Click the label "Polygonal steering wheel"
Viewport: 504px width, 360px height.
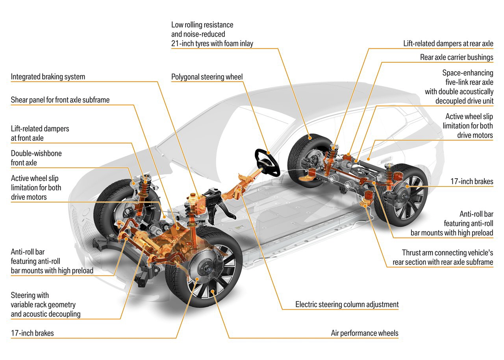207,77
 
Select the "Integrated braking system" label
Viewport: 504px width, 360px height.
48,77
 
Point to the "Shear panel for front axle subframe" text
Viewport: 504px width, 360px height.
60,100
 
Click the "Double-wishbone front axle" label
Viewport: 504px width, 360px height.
36,157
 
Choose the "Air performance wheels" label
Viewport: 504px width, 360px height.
365,333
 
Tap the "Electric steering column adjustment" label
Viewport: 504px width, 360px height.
347,304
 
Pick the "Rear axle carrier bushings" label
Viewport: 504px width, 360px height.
456,57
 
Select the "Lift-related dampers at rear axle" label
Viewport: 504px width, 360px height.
448,43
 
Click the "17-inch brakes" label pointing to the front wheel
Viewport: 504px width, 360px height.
32,333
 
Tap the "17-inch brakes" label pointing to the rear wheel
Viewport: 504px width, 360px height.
472,182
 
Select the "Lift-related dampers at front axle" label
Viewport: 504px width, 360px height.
40,133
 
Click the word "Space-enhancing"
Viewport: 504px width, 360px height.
468,73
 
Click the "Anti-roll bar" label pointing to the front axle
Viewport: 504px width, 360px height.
52,261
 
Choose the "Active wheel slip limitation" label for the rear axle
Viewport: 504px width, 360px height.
468,126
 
